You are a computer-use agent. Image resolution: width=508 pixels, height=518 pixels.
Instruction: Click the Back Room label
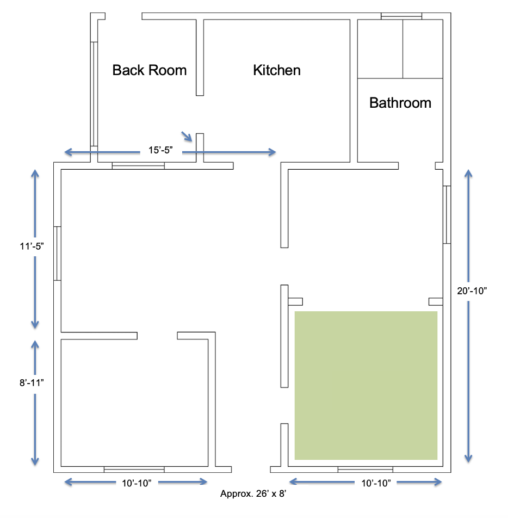pos(149,70)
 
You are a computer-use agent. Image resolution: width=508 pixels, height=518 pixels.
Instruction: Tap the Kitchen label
pos(276,70)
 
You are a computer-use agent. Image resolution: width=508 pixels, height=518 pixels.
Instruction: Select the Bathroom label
pos(400,103)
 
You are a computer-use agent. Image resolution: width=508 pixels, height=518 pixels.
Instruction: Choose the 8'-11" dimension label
pos(30,382)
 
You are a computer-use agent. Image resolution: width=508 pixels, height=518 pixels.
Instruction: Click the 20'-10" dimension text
pos(472,291)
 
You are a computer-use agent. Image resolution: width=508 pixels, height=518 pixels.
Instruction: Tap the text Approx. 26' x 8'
pos(253,495)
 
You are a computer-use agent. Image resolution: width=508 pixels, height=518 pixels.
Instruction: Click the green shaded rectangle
pos(366,385)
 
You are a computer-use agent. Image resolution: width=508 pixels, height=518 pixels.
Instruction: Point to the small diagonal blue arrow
pos(186,136)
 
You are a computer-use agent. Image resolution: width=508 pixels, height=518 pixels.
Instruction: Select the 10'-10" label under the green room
pos(375,482)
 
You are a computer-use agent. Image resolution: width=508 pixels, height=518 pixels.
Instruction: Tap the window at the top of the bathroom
pos(401,16)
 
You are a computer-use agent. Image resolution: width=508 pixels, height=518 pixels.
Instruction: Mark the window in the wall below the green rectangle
pos(365,470)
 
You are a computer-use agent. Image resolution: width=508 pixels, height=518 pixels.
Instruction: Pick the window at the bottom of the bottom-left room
pos(134,470)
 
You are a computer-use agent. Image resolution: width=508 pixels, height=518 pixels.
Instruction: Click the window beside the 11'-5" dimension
pos(57,253)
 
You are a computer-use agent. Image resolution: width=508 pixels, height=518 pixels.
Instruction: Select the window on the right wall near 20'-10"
pos(447,214)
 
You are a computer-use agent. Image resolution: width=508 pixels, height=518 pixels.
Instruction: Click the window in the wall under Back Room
pos(138,165)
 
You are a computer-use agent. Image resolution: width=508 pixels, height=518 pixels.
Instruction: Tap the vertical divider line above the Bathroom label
pos(402,49)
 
